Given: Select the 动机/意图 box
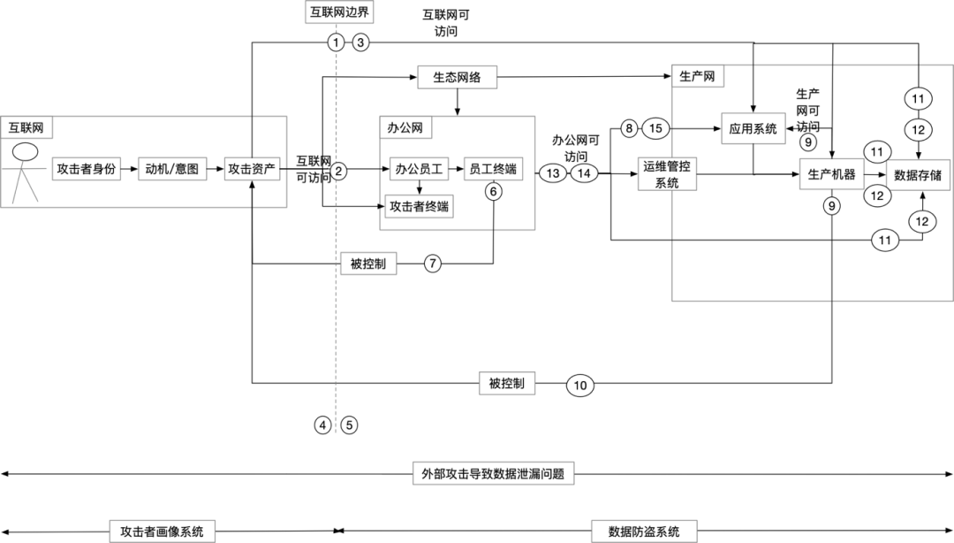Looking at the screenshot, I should (171, 168).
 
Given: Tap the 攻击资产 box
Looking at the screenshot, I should (252, 168).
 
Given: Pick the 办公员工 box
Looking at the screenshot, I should (419, 168).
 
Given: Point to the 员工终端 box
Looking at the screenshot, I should (493, 168).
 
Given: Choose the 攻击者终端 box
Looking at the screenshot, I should (419, 207).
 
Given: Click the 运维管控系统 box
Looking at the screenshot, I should (667, 174).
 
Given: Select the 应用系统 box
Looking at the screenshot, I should (752, 128).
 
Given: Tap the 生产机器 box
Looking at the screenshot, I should (831, 174).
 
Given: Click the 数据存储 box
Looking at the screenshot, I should (918, 174).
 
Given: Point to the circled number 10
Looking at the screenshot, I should (580, 385).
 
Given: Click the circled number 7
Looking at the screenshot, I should (432, 264).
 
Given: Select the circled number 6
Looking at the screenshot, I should (493, 191).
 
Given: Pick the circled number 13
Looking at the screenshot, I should (553, 173).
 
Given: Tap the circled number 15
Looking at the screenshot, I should (655, 128).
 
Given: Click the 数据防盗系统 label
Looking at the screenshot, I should (644, 532).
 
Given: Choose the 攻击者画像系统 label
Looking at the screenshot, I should (162, 532).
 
